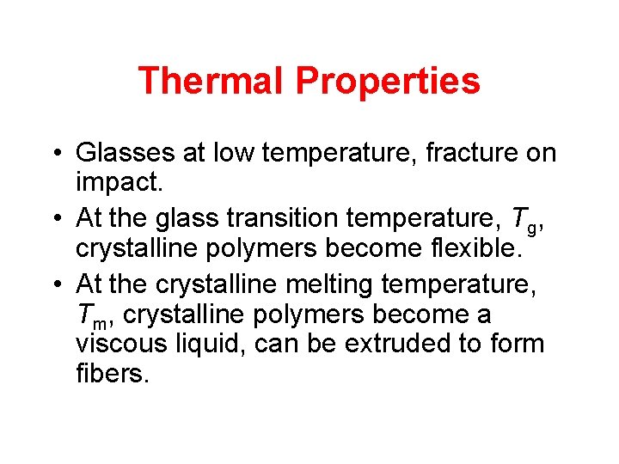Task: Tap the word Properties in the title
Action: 388,81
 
